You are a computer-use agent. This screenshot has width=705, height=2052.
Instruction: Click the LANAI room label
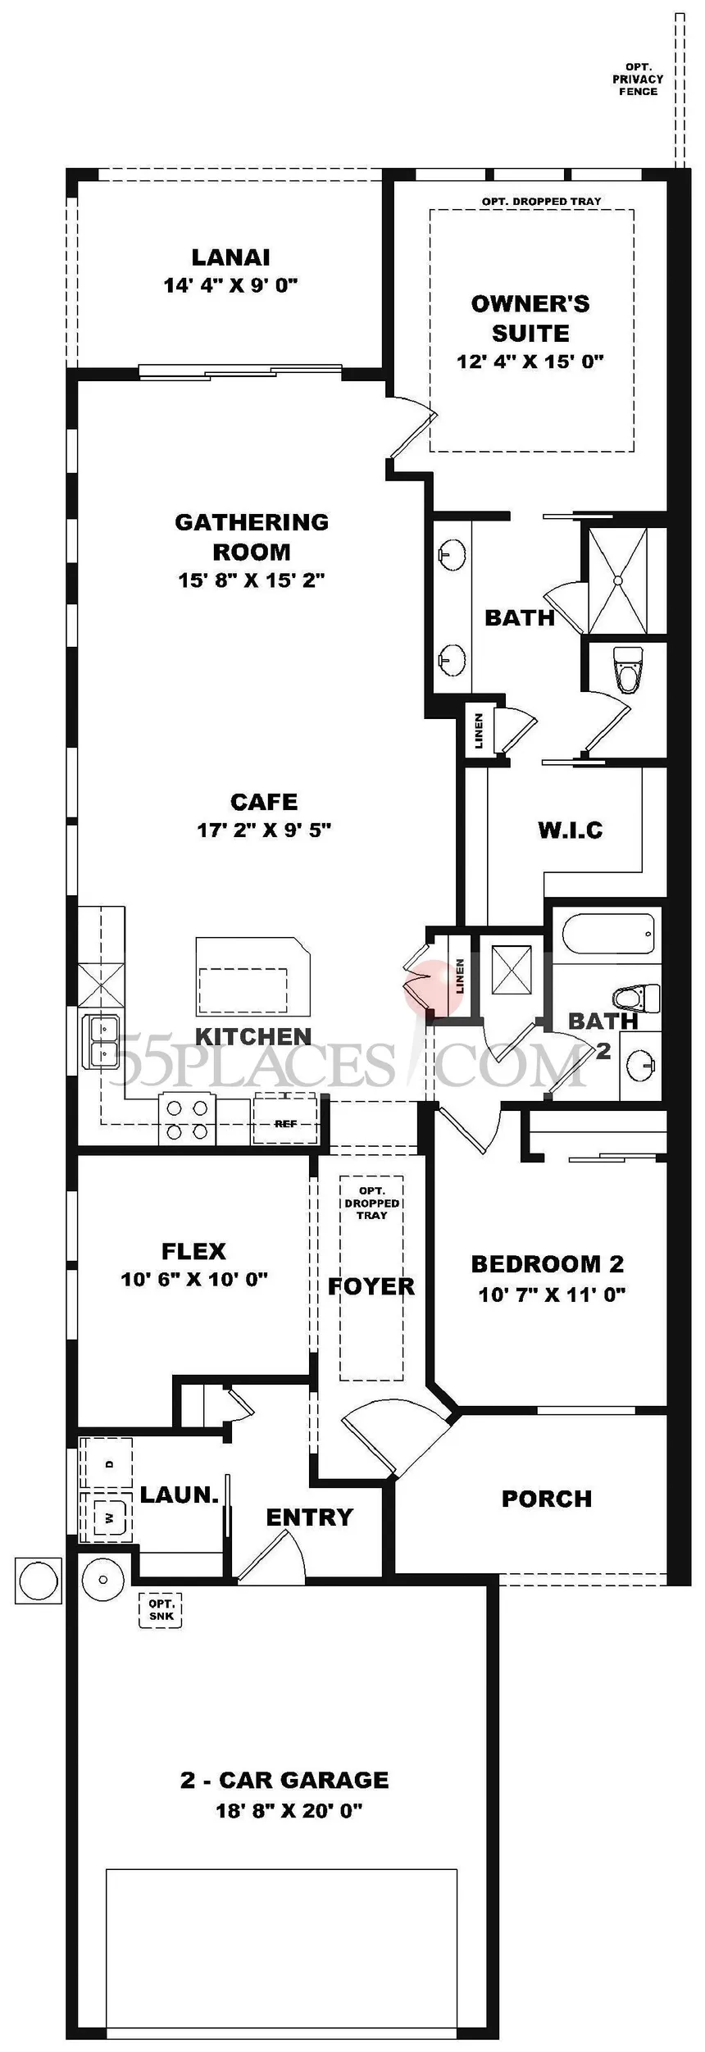(x=230, y=257)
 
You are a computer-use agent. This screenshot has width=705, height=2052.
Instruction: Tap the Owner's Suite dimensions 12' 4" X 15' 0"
(x=530, y=362)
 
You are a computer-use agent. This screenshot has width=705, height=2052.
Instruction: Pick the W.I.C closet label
(x=571, y=830)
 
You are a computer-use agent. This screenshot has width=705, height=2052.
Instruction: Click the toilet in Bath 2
(x=635, y=998)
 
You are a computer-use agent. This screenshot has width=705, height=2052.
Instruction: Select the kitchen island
(x=253, y=977)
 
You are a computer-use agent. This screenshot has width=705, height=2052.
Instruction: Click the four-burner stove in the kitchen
(x=187, y=1119)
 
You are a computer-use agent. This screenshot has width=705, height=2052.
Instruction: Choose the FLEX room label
(x=193, y=1252)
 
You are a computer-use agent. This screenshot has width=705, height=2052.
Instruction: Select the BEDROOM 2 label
(x=548, y=1264)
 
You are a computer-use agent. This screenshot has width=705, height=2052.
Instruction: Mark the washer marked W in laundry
(x=107, y=1517)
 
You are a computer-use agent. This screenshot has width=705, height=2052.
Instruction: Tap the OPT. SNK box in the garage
(x=161, y=1610)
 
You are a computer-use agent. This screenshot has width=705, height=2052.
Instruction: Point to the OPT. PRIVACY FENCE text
(x=639, y=80)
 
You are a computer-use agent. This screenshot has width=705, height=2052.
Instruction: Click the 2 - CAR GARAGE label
(x=284, y=1780)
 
